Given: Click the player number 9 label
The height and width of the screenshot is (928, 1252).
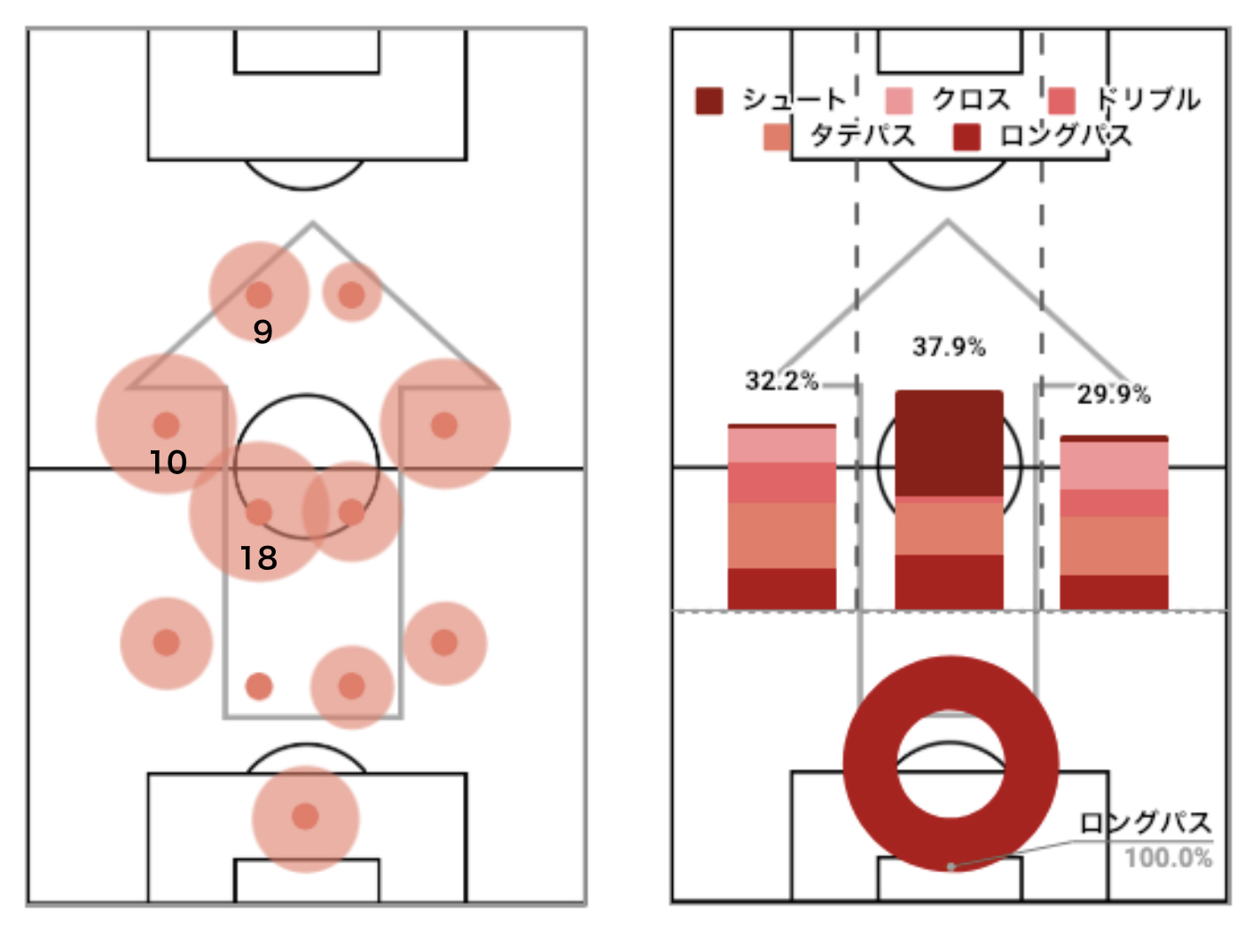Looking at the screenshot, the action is pos(262,331).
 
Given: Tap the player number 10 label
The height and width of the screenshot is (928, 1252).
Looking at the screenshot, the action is pos(168,463).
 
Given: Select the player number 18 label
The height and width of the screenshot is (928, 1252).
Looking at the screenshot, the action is pos(259,558).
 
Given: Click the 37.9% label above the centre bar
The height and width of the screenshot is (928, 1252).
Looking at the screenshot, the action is pos(949,347).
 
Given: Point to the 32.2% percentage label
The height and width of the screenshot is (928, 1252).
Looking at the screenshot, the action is pos(782,380).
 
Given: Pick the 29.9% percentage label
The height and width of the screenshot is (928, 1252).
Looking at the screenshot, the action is pos(1114,394).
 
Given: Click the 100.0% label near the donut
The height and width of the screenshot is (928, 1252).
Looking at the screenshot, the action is pos(1169,858).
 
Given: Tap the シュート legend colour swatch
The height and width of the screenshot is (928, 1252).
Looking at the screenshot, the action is pos(709,101).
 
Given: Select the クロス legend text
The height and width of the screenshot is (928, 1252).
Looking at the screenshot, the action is pos(971,100).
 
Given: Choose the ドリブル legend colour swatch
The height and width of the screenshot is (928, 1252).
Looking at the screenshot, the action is pos(1061,101).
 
